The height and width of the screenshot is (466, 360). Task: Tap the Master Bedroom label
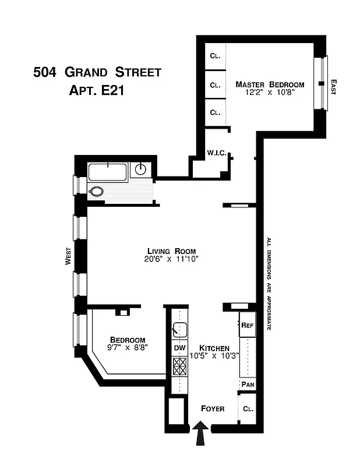tap(270, 84)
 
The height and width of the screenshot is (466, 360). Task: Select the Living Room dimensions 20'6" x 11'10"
tap(172, 260)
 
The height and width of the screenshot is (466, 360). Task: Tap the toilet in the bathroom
tap(96, 191)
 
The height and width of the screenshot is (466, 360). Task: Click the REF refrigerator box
tap(247, 325)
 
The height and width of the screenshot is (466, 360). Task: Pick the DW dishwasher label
tap(179, 348)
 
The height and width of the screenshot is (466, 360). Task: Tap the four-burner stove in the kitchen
tap(179, 366)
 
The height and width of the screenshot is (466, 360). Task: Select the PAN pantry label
tap(248, 384)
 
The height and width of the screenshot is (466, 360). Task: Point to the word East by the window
tap(334, 87)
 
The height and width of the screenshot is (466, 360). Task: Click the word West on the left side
tap(68, 256)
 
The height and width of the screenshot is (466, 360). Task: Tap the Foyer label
tap(212, 408)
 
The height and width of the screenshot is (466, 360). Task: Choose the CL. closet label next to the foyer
tap(248, 409)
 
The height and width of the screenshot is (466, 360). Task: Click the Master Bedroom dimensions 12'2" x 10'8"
tap(270, 93)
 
